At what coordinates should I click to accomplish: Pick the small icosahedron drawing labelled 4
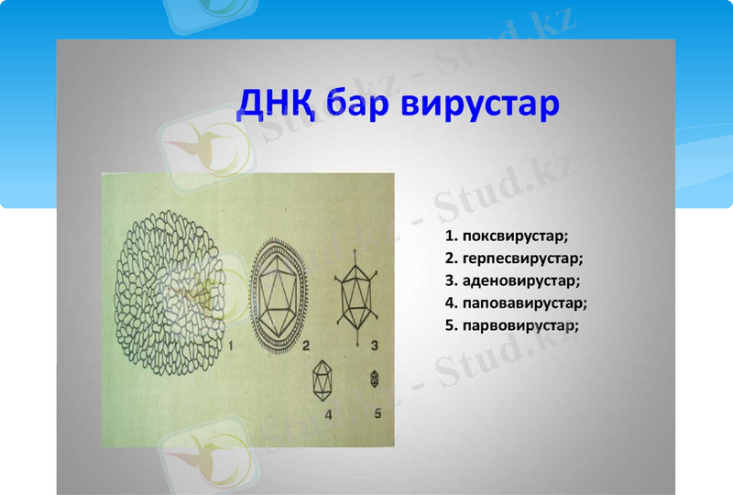(323, 379)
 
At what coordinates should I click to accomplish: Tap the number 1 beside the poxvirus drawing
(232, 346)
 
